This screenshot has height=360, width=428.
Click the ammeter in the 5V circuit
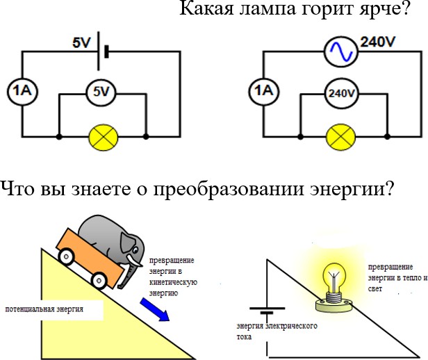coord(19,90)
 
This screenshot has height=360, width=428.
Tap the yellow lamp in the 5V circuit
coord(103,137)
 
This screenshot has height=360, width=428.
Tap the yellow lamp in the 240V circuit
coord(340,137)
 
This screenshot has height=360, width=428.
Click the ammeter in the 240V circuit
coord(261,90)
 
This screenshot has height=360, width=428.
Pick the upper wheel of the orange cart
coord(67,256)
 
